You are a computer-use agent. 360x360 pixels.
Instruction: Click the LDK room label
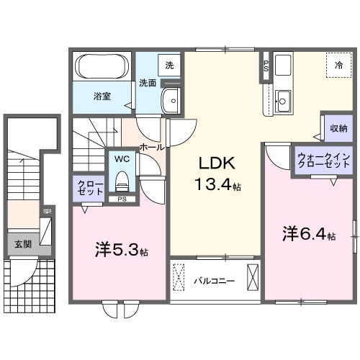point(215,162)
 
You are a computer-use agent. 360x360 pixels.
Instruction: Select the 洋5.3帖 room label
point(121,251)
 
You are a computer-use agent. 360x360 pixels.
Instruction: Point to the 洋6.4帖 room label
point(308,234)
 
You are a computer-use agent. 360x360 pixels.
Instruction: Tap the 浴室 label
point(101,95)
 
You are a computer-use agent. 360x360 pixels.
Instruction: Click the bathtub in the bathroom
point(102,71)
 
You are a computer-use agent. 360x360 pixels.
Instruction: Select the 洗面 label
point(148,83)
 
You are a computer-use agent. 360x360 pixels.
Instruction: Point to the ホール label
point(150,146)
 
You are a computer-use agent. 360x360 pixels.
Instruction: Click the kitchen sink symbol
point(282,100)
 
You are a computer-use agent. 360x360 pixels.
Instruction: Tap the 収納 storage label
point(338,128)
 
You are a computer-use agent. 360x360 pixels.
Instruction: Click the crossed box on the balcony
point(253,276)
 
